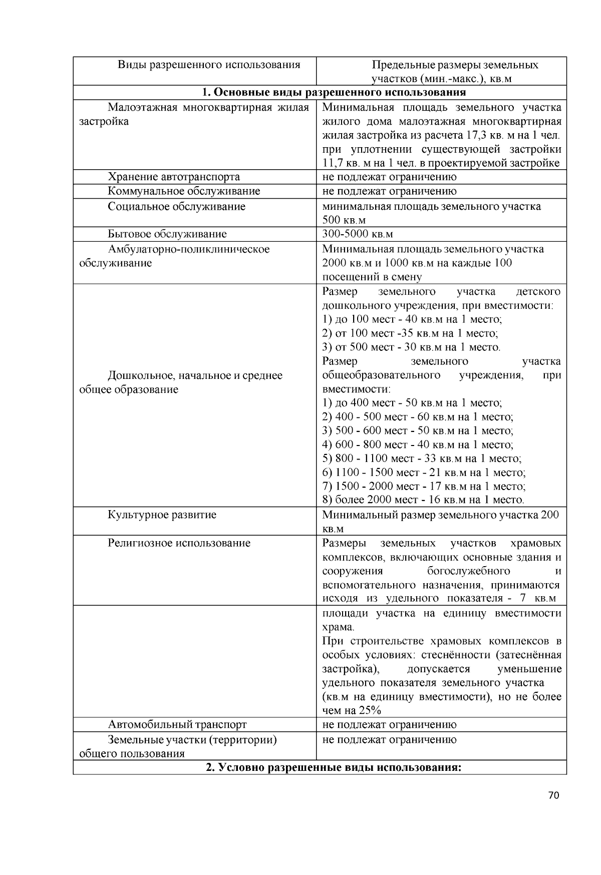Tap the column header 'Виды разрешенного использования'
209,65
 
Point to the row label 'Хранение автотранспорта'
174,177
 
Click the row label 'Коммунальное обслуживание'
184,191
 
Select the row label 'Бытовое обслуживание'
167,234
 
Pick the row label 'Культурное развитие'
162,515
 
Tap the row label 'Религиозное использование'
179,543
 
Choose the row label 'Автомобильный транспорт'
177,724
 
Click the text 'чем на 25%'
351,710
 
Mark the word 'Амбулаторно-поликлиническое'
188,249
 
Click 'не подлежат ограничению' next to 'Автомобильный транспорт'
389,724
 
